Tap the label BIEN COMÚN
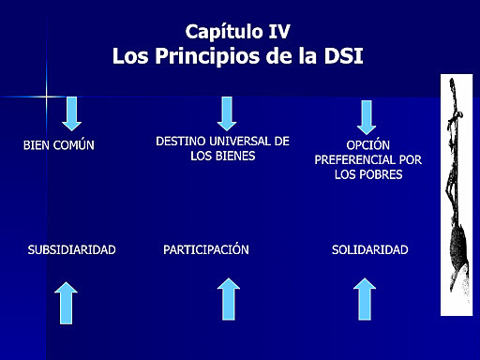click(59, 145)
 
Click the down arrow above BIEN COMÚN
click(72, 112)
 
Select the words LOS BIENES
click(222, 156)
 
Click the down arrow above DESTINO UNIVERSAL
click(226, 112)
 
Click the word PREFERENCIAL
click(367, 160)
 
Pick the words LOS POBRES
click(368, 175)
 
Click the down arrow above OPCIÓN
click(367, 116)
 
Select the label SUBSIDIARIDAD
click(72, 250)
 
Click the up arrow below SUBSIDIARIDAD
click(66, 302)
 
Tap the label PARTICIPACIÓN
click(206, 250)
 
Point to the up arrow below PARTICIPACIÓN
click(228, 299)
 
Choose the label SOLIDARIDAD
click(369, 250)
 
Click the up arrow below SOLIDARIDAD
click(366, 299)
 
